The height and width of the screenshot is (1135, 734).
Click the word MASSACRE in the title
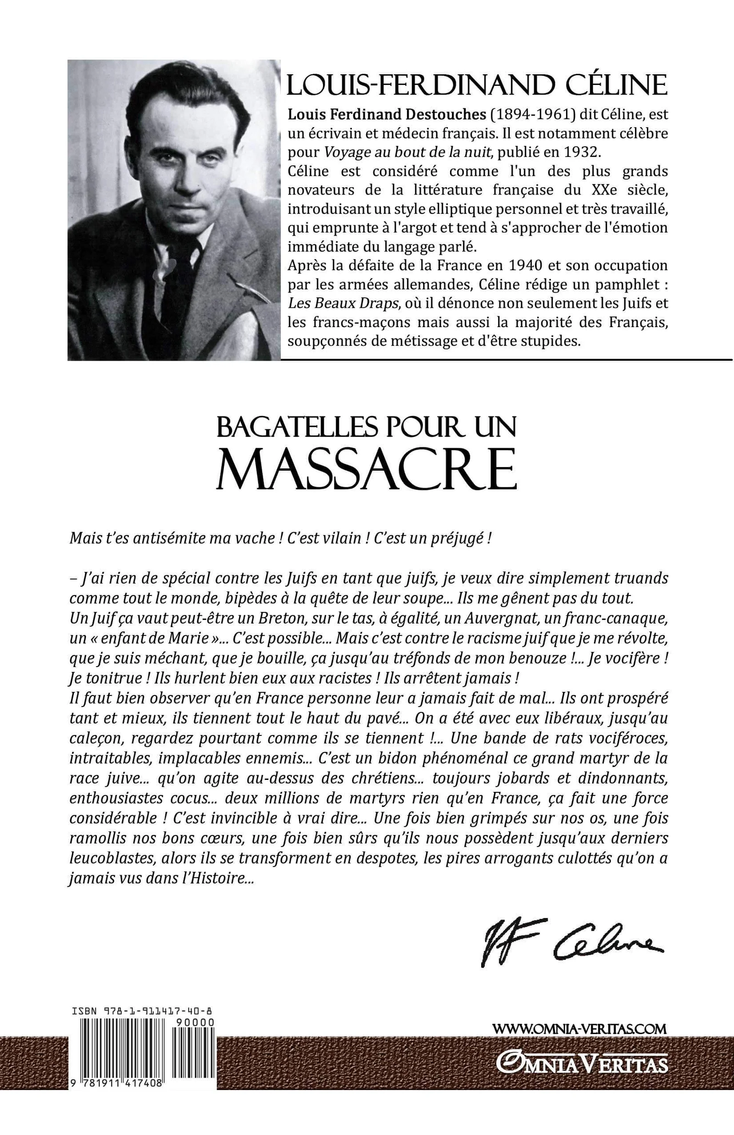(x=367, y=472)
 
